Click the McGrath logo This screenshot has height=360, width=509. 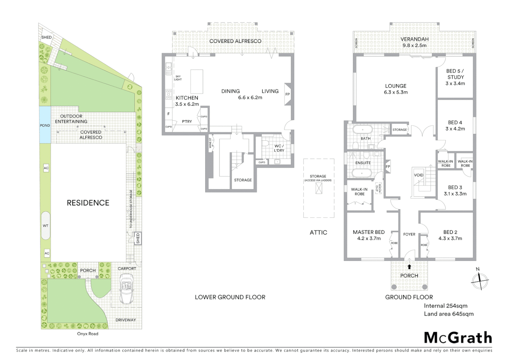pyautogui.click(x=458, y=338)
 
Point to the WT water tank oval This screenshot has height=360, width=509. pyautogui.click(x=46, y=226)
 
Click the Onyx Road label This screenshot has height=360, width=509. pyautogui.click(x=88, y=334)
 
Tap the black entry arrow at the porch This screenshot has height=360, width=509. pyautogui.click(x=409, y=266)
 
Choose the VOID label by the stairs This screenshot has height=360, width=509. pyautogui.click(x=419, y=175)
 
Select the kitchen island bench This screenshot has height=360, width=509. pyautogui.click(x=197, y=81)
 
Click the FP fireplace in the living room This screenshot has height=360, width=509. pyautogui.click(x=287, y=94)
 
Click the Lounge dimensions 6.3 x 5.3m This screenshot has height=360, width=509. pyautogui.click(x=396, y=92)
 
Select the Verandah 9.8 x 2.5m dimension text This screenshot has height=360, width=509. pyautogui.click(x=414, y=45)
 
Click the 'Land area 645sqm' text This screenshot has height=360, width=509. pyautogui.click(x=448, y=314)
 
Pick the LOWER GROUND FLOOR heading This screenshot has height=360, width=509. pyautogui.click(x=230, y=297)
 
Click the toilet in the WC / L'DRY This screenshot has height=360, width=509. pyautogui.click(x=265, y=143)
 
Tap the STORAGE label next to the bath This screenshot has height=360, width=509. pyautogui.click(x=399, y=130)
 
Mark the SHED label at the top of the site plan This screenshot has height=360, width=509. pyautogui.click(x=46, y=37)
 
